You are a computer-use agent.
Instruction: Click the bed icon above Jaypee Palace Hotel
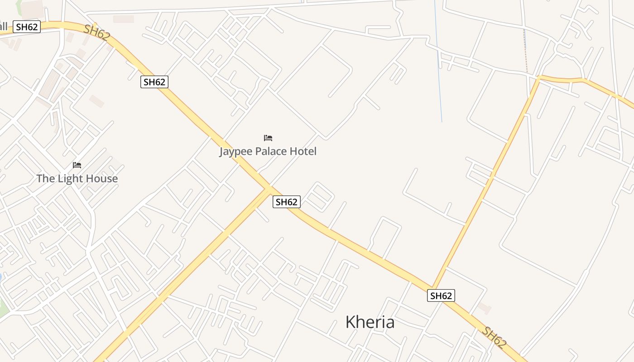pos(268,138)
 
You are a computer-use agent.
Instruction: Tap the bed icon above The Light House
pos(77,165)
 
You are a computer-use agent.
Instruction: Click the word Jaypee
pos(235,152)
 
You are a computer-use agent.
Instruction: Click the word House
pos(102,179)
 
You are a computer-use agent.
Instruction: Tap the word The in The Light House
pos(45,179)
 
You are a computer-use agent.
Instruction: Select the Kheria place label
pos(370,322)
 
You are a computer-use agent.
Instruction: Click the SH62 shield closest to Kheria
pos(441,296)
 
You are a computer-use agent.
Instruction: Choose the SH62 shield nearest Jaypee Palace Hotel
pos(286,202)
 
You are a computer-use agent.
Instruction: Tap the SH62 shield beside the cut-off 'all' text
pos(27,27)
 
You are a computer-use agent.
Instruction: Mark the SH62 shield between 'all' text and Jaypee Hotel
pos(154,82)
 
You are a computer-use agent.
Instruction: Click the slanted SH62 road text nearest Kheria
pos(494,337)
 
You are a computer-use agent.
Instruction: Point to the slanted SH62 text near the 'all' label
pos(96,33)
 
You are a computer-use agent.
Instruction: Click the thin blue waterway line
pos(438,63)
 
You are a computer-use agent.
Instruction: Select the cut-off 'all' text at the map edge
pos(4,25)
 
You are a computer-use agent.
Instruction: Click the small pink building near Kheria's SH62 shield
pos(484,309)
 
